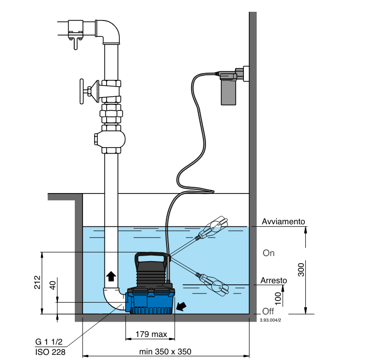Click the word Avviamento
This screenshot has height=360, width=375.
(x=283, y=222)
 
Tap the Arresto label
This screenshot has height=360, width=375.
(x=274, y=281)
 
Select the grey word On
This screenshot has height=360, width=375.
(x=268, y=253)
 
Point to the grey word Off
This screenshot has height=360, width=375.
(x=268, y=311)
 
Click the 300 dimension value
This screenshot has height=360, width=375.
(x=301, y=270)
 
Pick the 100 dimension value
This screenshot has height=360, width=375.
(x=278, y=299)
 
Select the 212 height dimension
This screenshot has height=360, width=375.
(x=37, y=282)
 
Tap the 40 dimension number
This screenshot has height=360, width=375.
(x=52, y=285)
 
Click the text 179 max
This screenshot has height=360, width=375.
(x=151, y=334)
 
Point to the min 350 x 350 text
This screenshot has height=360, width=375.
(x=165, y=352)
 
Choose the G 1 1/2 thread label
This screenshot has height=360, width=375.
(x=49, y=342)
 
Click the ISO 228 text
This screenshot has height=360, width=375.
(x=50, y=352)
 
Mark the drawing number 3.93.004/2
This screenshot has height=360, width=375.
(x=270, y=321)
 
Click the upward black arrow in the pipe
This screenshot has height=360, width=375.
(x=111, y=277)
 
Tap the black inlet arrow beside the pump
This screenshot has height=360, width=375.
(x=181, y=306)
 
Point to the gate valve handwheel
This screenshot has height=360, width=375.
(x=82, y=92)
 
